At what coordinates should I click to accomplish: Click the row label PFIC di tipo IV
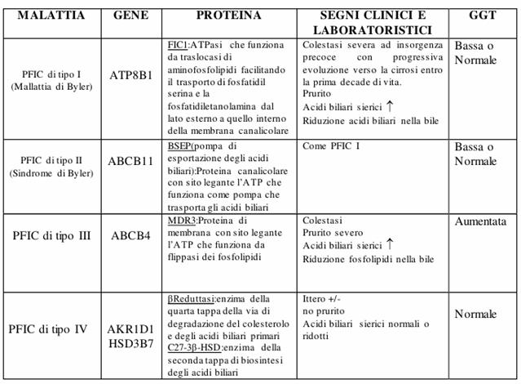pyautogui.click(x=50, y=329)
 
